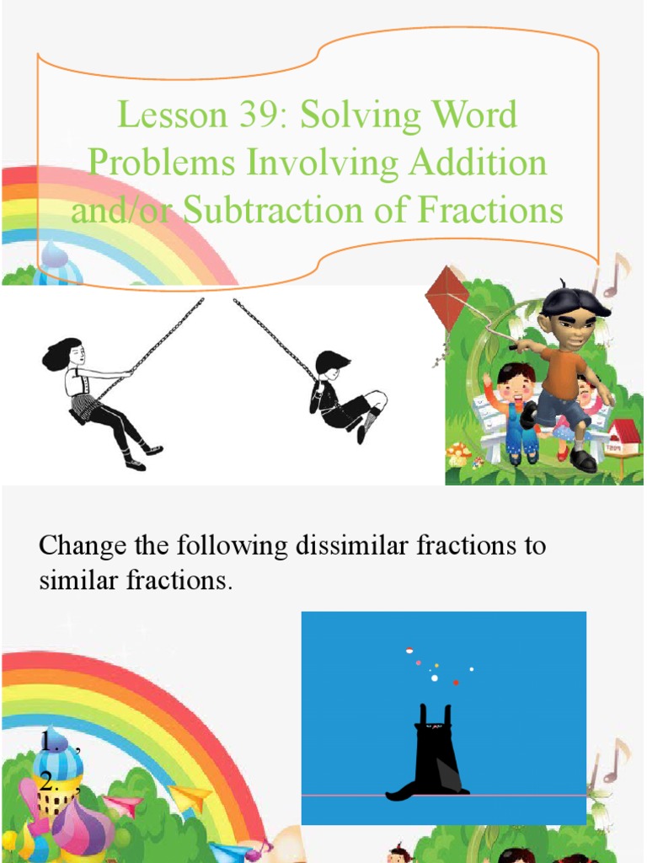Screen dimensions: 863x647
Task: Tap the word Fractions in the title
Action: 494,210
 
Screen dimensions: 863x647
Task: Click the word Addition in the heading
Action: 478,163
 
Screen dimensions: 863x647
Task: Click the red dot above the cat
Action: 456,682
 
